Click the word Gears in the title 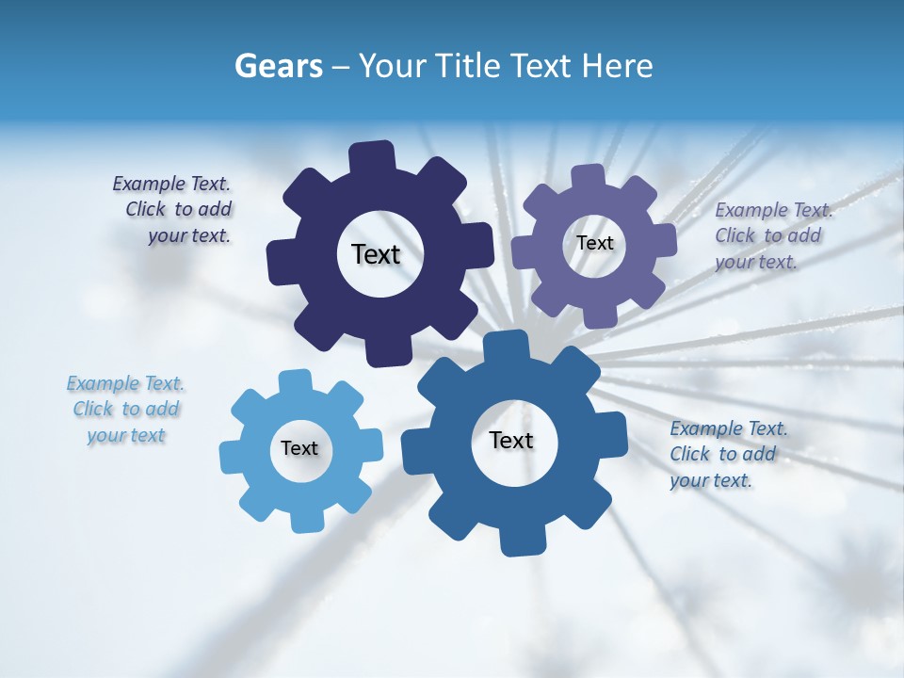click(278, 66)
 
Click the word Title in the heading click(470, 66)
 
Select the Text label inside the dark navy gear click(376, 254)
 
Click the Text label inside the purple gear click(594, 243)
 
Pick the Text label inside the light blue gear click(299, 449)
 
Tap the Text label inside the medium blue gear click(511, 441)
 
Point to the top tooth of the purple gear click(589, 177)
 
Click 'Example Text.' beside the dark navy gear click(171, 184)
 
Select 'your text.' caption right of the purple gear click(756, 262)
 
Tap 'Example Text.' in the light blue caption click(125, 383)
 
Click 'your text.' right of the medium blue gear click(711, 480)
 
